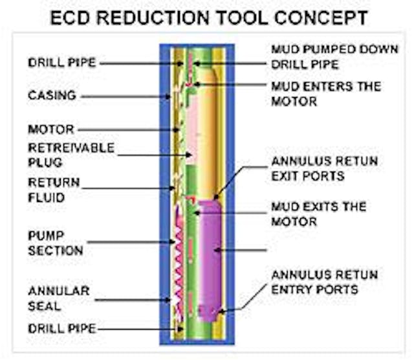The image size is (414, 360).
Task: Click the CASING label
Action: click(x=52, y=95)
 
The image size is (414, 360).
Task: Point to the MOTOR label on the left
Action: click(x=51, y=129)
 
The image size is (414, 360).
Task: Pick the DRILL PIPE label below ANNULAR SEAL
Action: click(x=62, y=329)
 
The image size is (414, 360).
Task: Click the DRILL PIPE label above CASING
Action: click(x=63, y=62)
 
